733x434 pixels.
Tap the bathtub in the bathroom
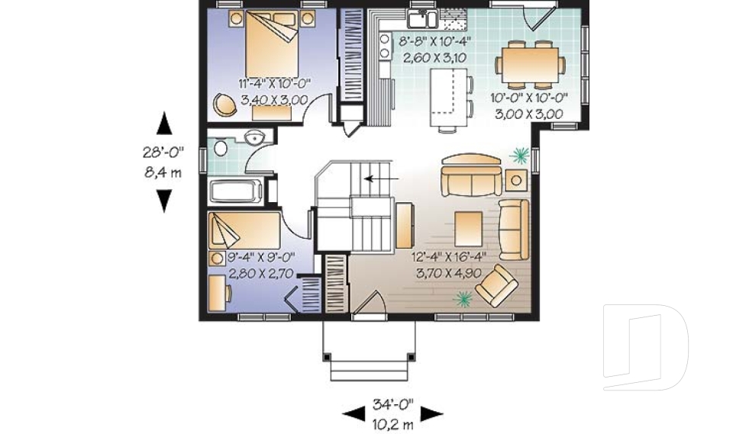pos(237,191)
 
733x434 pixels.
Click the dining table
pos(532,64)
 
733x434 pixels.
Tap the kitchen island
pos(447,97)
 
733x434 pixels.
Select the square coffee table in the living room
pos(468,227)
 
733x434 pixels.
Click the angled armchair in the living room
pos(496,285)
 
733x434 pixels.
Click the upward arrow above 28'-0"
pos(163,124)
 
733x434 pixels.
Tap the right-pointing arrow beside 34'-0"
pos(432,413)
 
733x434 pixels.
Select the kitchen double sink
pos(421,19)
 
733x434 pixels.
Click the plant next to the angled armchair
pos(462,299)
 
